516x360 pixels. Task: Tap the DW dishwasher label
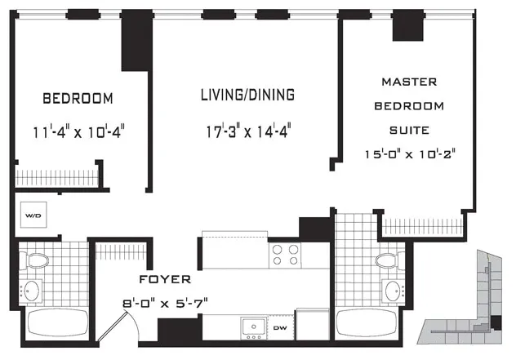pos(279,328)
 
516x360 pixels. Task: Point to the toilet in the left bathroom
pos(36,263)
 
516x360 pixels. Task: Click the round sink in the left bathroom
pos(34,290)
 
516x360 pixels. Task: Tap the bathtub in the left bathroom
pos(54,323)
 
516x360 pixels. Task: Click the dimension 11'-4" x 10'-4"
pos(78,129)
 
